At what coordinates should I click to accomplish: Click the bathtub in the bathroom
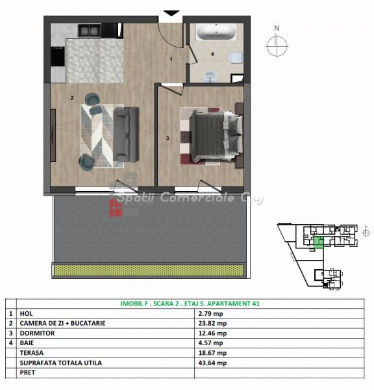coord(216,32)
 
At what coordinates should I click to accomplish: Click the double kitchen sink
coord(90,31)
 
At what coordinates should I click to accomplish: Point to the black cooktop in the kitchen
coord(58,57)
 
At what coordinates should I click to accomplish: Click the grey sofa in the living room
coord(126,135)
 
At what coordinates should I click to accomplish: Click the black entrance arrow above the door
coord(171,13)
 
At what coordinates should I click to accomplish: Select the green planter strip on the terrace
coord(148,270)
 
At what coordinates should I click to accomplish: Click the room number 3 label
coord(168,138)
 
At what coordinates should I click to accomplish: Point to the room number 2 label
coord(72,98)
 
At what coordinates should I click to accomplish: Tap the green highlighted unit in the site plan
coord(319,242)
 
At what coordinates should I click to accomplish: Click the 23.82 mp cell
coord(212,323)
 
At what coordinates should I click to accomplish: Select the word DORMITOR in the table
coord(37,333)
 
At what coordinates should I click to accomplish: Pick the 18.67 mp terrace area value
coord(212,353)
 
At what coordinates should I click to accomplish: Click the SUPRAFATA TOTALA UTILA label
coord(60,363)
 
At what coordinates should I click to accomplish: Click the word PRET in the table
coord(27,372)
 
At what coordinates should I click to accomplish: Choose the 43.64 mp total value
coord(212,363)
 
